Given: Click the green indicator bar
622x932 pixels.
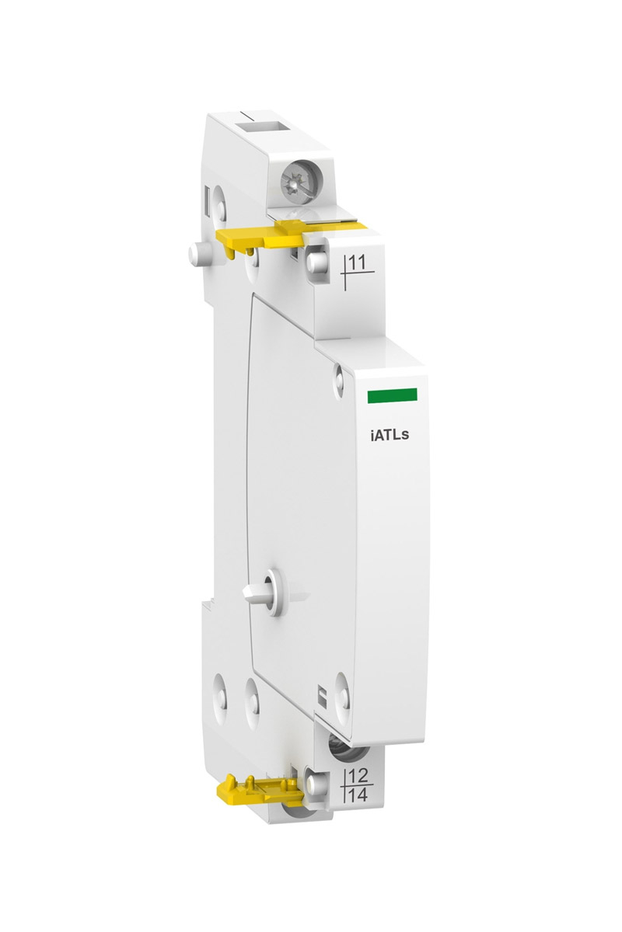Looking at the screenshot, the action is [392, 395].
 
